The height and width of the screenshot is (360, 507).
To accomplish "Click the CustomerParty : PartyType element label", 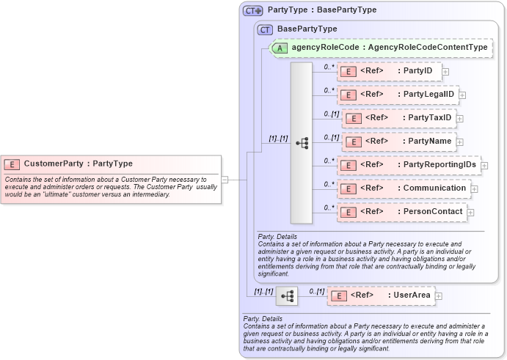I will [x=78, y=164].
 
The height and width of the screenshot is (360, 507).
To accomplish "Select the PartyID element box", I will [x=390, y=71].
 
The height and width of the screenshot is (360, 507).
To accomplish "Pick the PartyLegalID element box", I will [x=398, y=95].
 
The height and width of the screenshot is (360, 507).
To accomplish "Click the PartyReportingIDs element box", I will [x=409, y=165].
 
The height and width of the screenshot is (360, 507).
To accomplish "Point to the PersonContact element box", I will [x=402, y=212].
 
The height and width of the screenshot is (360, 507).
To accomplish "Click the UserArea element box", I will [x=381, y=295].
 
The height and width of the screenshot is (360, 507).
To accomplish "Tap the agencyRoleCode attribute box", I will [x=379, y=48].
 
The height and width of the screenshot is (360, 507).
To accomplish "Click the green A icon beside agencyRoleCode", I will [x=280, y=48].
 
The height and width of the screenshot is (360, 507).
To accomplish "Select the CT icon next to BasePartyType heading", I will [x=265, y=29].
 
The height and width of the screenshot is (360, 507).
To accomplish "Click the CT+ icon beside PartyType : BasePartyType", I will [x=253, y=10].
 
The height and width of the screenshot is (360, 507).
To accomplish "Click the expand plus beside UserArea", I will [x=439, y=296].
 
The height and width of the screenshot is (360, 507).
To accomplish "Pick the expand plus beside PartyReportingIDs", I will [x=484, y=166].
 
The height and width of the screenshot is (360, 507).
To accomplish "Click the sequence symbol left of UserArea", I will [x=287, y=295].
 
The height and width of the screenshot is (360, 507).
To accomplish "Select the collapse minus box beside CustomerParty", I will [x=225, y=178].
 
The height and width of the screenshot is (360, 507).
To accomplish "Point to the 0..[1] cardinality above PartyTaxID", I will [x=331, y=114].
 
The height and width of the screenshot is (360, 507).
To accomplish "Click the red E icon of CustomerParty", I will [x=12, y=164].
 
